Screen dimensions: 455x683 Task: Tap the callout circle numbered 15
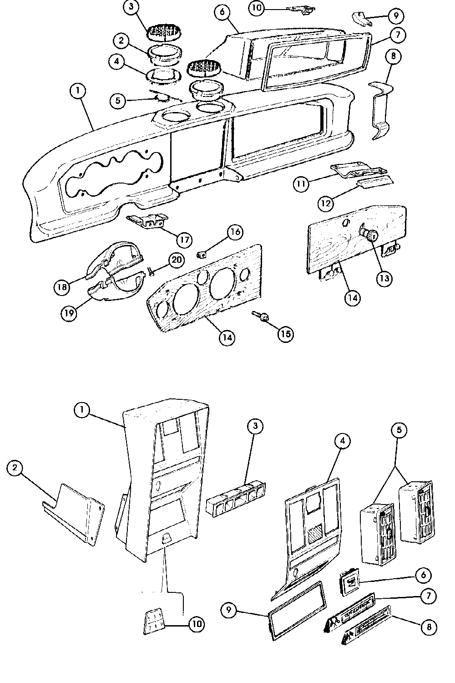(x=285, y=334)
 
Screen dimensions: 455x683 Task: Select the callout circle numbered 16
(x=235, y=232)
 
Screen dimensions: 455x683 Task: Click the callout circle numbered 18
(x=62, y=287)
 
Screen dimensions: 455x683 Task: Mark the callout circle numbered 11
(x=301, y=183)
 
